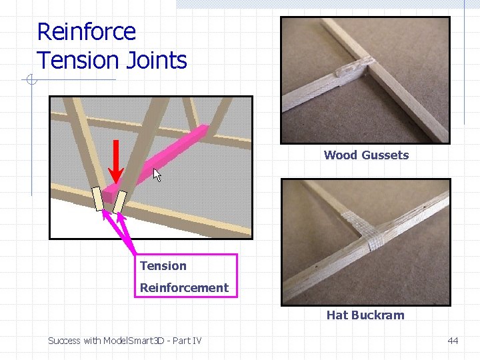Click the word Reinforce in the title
tap(86, 31)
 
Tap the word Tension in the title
tap(75, 60)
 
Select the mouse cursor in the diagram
tap(158, 175)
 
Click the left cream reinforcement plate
tap(98, 199)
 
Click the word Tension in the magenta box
tap(163, 266)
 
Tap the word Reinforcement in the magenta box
tap(184, 288)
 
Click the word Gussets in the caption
tap(386, 155)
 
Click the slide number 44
tap(453, 341)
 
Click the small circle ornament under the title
tap(31, 81)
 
